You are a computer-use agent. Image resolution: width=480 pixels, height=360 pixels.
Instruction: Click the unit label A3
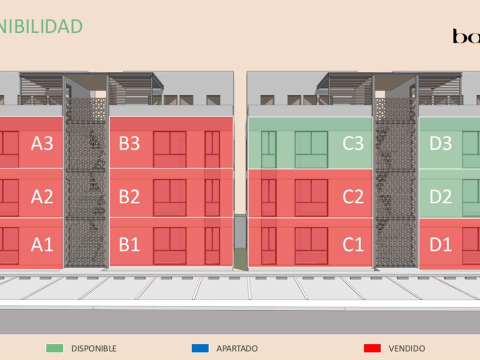(42, 143)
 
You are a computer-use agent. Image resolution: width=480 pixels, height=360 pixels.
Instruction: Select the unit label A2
(42, 197)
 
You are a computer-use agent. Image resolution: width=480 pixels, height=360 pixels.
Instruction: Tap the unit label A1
(42, 245)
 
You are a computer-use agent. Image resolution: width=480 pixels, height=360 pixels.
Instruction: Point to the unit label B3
(129, 143)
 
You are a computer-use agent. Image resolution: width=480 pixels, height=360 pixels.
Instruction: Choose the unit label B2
(129, 197)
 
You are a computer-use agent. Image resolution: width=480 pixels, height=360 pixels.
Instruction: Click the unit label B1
(129, 245)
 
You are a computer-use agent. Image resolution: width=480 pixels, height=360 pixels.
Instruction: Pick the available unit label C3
(353, 143)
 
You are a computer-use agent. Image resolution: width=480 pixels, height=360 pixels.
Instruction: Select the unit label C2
(353, 197)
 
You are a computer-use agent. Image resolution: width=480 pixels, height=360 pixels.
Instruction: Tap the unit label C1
(353, 245)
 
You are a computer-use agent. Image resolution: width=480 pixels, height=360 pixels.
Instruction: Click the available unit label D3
(440, 143)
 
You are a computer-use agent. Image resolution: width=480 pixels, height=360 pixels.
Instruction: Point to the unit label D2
(440, 197)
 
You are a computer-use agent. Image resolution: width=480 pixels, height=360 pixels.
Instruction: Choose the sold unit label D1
(440, 245)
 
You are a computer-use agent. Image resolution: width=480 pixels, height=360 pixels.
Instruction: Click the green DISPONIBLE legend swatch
(55, 348)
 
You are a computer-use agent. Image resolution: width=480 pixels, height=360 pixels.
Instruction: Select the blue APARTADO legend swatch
(200, 348)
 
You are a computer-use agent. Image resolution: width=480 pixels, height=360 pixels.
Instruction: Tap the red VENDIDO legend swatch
(372, 348)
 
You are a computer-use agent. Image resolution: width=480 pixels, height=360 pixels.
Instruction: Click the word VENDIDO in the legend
(407, 348)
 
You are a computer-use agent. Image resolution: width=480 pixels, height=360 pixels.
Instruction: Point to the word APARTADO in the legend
(237, 348)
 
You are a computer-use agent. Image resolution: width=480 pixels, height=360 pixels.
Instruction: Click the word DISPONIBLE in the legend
(94, 348)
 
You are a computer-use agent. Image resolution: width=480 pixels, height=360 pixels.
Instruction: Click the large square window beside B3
(170, 149)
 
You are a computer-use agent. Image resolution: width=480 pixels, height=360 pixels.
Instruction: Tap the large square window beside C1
(311, 246)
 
